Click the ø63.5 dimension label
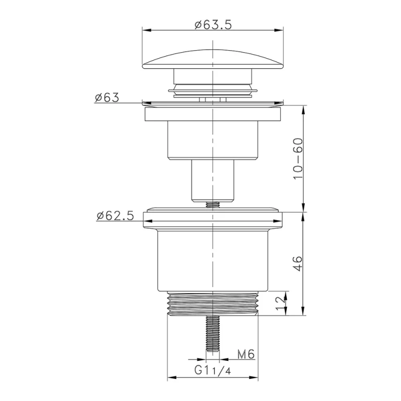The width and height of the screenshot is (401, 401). (214, 24)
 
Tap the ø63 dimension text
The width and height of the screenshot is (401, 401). (106, 97)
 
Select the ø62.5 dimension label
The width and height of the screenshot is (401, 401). (115, 216)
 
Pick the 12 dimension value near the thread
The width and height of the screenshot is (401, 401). (280, 302)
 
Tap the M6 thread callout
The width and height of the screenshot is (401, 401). (247, 354)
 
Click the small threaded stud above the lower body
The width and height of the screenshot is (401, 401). (214, 205)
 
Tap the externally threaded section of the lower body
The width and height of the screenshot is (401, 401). (214, 303)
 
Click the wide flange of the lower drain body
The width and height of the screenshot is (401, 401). (214, 220)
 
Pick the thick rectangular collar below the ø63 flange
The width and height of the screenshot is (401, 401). (214, 114)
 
